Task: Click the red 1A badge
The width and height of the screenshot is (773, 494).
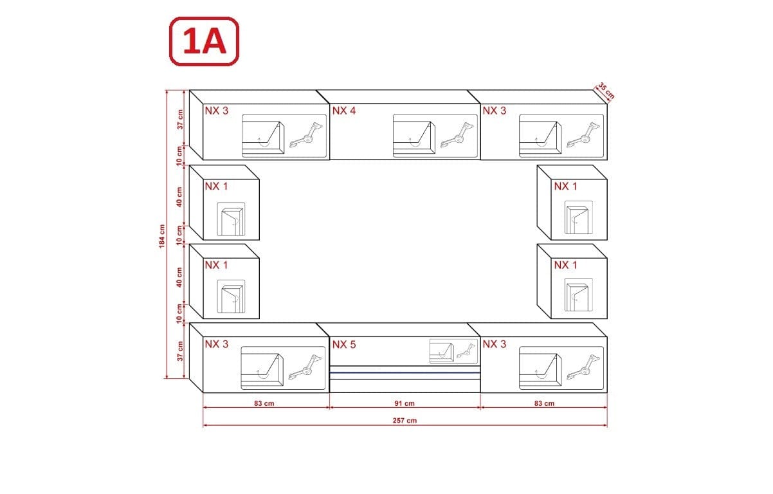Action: click(x=203, y=41)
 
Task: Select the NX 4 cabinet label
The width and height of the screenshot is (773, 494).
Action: click(x=344, y=111)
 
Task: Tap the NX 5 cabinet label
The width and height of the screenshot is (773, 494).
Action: click(x=344, y=344)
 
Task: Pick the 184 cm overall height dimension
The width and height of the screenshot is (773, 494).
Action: click(x=163, y=236)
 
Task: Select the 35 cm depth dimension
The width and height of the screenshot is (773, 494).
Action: click(x=606, y=91)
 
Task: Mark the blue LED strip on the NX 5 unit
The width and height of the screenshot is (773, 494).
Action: click(x=405, y=372)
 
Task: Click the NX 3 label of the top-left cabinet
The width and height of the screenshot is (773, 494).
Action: click(x=217, y=111)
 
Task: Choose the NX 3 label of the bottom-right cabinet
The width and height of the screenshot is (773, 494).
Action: click(x=495, y=344)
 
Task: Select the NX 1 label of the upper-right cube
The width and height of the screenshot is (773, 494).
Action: click(x=565, y=187)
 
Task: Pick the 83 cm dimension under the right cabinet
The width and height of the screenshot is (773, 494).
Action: click(x=543, y=403)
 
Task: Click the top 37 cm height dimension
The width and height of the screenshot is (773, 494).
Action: click(x=180, y=120)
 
